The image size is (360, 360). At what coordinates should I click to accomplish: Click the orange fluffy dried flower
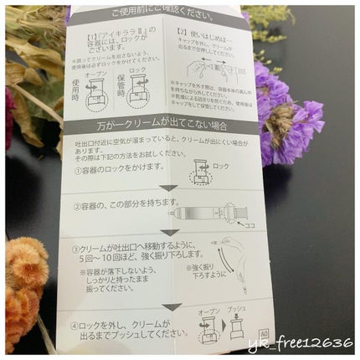pyautogui.click(x=25, y=268)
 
